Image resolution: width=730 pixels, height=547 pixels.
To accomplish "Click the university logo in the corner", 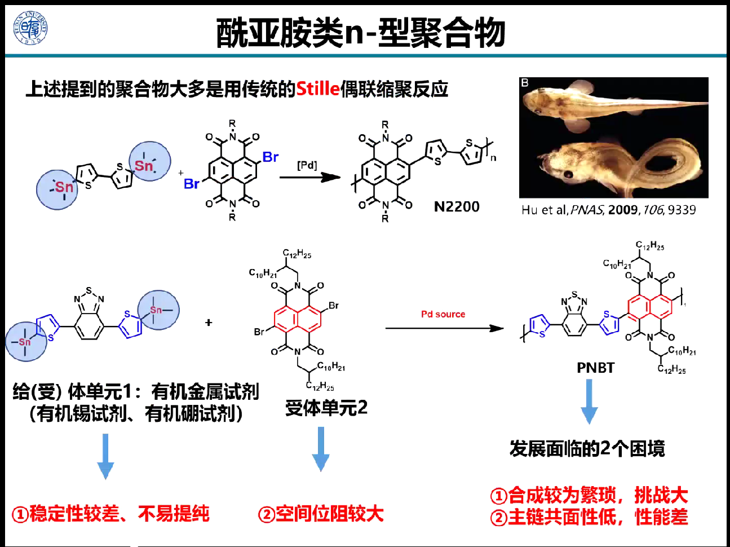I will pyautogui.click(x=30, y=28).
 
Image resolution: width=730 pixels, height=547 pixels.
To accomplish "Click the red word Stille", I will pyautogui.click(x=318, y=89).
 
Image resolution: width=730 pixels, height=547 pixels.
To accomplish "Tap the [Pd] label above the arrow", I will pyautogui.click(x=307, y=165).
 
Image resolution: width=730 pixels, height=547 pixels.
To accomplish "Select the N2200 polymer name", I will pyautogui.click(x=457, y=207).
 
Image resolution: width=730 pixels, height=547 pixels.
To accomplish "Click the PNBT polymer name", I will pyautogui.click(x=595, y=368).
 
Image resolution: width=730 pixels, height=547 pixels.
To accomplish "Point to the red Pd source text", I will pyautogui.click(x=443, y=314).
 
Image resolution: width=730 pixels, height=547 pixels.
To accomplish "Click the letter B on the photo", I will pyautogui.click(x=525, y=83).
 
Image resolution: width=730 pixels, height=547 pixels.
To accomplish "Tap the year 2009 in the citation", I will pyautogui.click(x=623, y=210).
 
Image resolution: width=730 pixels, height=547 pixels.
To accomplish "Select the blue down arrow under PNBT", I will pyautogui.click(x=589, y=402).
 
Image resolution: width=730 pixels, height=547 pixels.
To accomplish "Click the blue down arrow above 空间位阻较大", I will pyautogui.click(x=321, y=449).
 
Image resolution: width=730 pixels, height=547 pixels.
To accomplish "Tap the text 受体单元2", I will pyautogui.click(x=326, y=407).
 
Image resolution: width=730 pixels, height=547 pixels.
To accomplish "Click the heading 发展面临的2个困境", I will pyautogui.click(x=587, y=449).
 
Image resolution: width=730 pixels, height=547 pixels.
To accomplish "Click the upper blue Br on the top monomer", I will pyautogui.click(x=271, y=157).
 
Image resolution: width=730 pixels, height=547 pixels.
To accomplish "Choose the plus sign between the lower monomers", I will pyautogui.click(x=209, y=323).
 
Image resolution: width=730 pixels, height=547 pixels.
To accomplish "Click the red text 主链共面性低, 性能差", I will pyautogui.click(x=590, y=517).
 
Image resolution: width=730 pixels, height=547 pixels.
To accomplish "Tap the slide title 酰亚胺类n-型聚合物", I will pyautogui.click(x=361, y=32).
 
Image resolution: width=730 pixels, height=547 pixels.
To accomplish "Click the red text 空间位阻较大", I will pyautogui.click(x=321, y=514).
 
